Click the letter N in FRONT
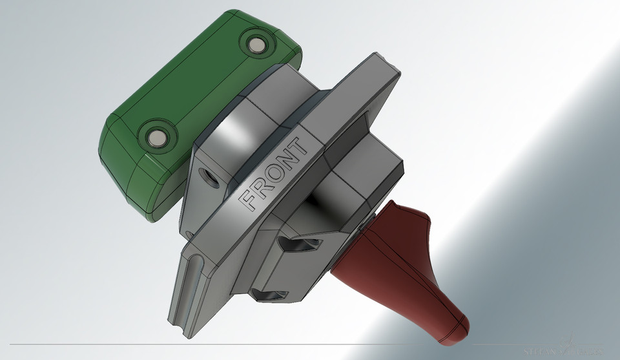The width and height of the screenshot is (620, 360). coord(288,160)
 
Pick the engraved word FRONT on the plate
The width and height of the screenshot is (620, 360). coord(274,173)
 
